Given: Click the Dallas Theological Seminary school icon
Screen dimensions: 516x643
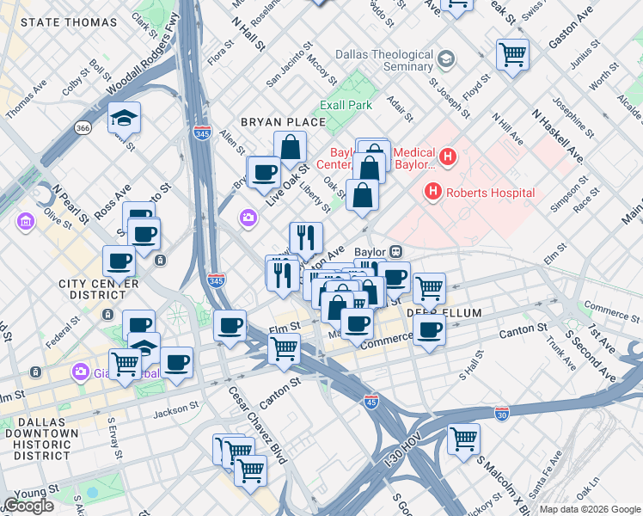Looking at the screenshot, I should point(445,59).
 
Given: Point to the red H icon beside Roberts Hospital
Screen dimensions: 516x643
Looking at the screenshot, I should point(434,193).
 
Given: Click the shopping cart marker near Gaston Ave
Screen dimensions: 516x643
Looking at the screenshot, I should point(512,54).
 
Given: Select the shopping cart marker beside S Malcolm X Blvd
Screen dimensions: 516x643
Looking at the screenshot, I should point(463,439).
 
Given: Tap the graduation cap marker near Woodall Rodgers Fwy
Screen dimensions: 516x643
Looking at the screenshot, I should point(125,116).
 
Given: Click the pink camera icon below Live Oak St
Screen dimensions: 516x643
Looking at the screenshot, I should point(248,218).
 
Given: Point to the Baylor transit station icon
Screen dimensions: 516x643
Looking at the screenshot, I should point(396,252).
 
